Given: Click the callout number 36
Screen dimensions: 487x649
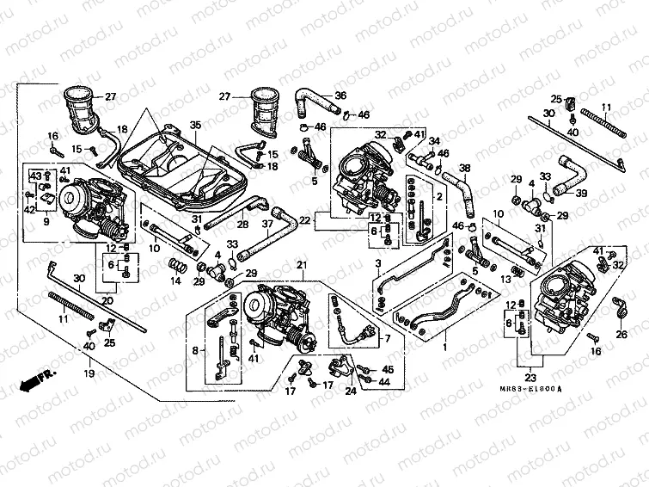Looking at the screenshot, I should coord(340,95).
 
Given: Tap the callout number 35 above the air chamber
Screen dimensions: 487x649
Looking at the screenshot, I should coord(195,126).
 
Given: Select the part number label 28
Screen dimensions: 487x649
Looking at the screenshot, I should coord(243,224).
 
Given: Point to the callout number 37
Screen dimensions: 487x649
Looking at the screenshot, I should coord(267,224).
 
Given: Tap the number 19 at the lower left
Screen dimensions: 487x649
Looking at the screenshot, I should coord(89,375).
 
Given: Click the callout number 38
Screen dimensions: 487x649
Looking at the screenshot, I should coord(465,168).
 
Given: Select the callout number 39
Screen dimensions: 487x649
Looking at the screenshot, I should coord(581,194).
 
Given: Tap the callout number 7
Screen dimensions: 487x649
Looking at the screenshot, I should coord(386,338).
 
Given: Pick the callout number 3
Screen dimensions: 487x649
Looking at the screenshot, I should coord(377,262).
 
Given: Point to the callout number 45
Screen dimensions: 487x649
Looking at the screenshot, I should coord(387,369).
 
